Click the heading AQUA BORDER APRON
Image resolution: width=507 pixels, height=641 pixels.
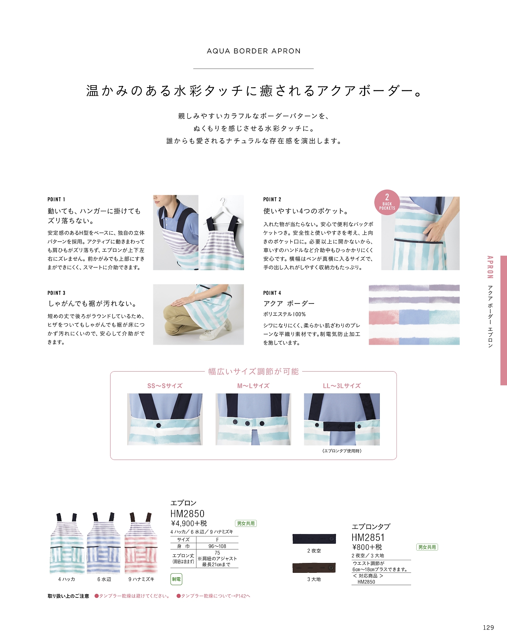[x=253, y=51]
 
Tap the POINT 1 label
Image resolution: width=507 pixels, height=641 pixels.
[x=56, y=199]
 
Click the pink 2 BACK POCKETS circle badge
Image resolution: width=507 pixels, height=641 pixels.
[x=387, y=202]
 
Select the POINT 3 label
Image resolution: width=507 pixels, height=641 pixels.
[x=56, y=293]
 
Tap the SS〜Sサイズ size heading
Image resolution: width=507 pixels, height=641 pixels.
[x=165, y=386]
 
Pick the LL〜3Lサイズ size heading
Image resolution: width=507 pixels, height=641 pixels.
[x=342, y=386]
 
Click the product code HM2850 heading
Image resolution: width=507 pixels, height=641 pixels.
[x=187, y=513]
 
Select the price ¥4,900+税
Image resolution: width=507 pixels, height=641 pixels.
[x=189, y=523]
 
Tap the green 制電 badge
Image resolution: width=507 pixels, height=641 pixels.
[x=176, y=579]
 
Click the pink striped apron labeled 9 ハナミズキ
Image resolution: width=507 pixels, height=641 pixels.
[x=141, y=543]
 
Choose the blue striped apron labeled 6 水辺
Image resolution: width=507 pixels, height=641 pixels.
[x=104, y=543]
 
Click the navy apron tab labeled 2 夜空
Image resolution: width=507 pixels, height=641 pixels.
[x=314, y=538]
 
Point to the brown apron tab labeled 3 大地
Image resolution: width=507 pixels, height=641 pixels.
[x=314, y=567]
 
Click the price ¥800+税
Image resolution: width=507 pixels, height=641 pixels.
[x=367, y=547]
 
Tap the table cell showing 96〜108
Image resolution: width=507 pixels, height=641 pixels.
[x=217, y=546]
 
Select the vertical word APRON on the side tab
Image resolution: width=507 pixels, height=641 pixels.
[x=490, y=267]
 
